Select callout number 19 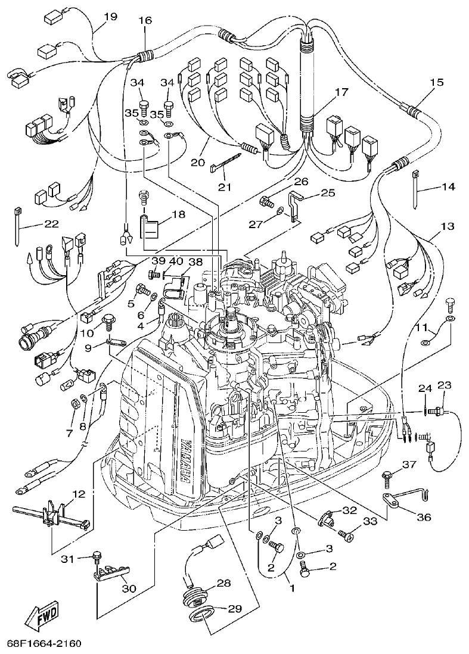110,17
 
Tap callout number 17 341,92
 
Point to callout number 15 437,83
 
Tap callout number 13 447,226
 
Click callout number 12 79,494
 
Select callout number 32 349,510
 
